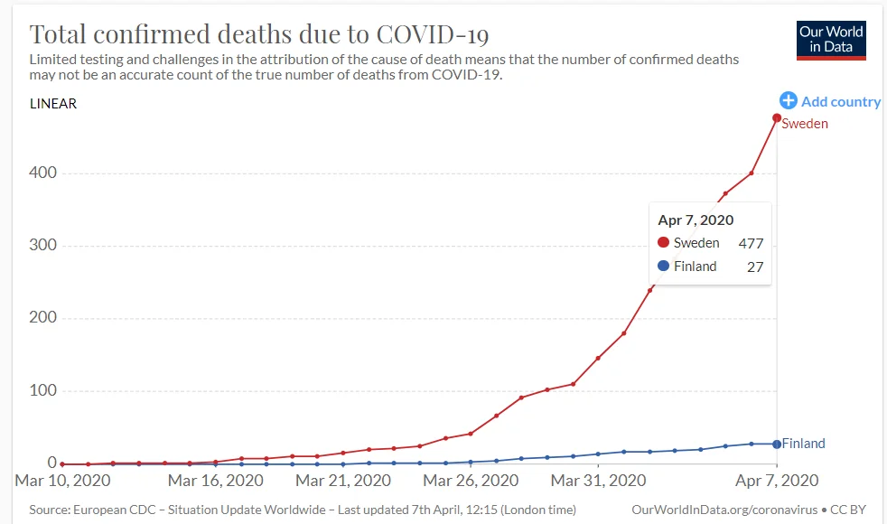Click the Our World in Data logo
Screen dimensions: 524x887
[831, 39]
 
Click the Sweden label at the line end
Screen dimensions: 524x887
[805, 124]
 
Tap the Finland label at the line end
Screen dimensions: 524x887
[803, 444]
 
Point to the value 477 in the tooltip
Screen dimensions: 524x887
[751, 243]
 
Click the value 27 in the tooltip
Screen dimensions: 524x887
[756, 267]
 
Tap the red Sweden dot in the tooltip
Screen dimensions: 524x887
[663, 243]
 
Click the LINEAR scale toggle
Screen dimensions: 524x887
[53, 104]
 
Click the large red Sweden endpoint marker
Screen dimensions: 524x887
[777, 118]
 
